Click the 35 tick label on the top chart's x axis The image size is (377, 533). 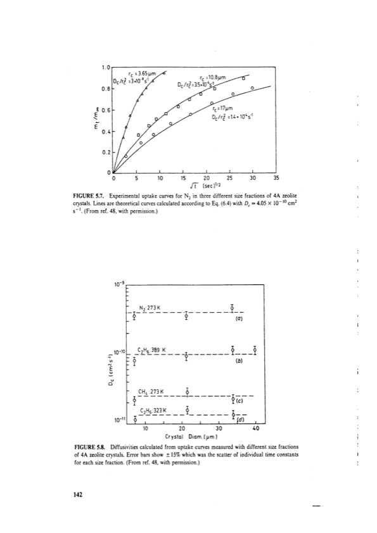pos(275,179)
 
